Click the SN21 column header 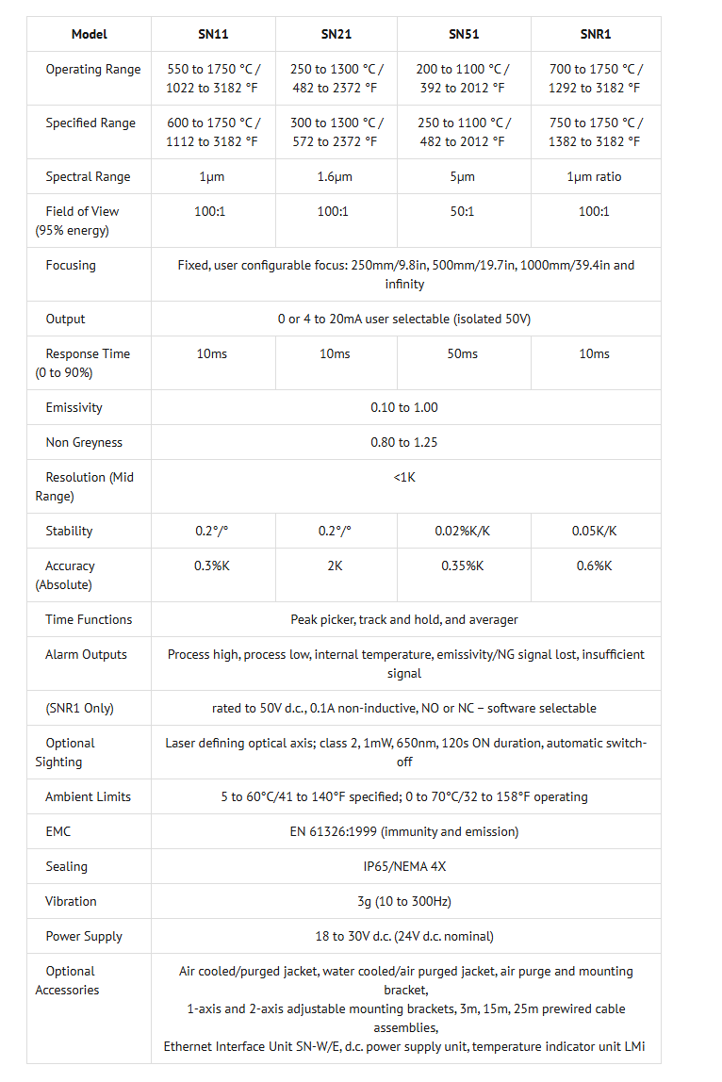click(x=336, y=34)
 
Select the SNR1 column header click(x=595, y=34)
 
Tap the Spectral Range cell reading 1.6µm click(x=336, y=176)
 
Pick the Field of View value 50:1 click(x=462, y=211)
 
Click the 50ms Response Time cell click(x=462, y=353)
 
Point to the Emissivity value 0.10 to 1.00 click(x=404, y=407)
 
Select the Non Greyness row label click(x=84, y=442)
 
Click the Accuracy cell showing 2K click(x=336, y=566)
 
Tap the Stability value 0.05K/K click(x=594, y=531)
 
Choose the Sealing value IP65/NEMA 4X click(x=404, y=866)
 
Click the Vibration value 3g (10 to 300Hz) click(x=404, y=901)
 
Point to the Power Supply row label click(x=84, y=936)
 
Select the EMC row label click(x=58, y=831)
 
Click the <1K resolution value click(x=404, y=477)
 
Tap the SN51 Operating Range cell click(x=463, y=78)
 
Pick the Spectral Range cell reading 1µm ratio click(x=594, y=176)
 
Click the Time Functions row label click(x=89, y=619)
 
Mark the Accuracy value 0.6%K click(x=594, y=566)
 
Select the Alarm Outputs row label click(x=86, y=654)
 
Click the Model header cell click(x=90, y=34)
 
